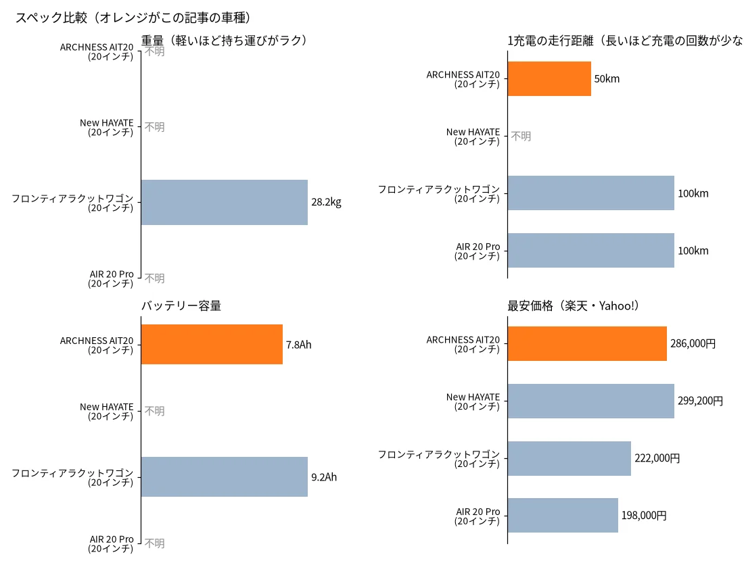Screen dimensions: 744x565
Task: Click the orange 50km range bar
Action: pos(549,78)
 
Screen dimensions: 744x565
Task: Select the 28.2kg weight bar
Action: pos(225,202)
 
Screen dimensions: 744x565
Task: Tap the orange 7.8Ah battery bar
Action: pos(212,344)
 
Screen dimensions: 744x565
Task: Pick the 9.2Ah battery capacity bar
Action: pos(225,477)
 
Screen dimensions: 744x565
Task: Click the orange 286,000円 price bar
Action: pos(587,343)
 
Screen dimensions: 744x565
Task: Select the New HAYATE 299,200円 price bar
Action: pos(590,401)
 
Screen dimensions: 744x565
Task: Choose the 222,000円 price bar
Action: pos(569,458)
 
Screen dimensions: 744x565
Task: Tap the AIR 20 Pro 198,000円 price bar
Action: pos(563,515)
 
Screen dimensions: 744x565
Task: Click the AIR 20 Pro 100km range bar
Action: pos(590,250)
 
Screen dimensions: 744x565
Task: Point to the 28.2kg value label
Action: pos(326,202)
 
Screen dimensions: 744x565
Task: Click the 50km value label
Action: pos(607,78)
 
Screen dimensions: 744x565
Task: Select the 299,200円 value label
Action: pos(700,401)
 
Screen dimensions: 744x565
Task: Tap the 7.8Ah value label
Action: pos(298,345)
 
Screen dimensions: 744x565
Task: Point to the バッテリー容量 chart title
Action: pos(181,305)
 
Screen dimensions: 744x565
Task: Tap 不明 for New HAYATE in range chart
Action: pos(521,137)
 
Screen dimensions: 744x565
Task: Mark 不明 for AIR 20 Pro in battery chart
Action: pos(155,543)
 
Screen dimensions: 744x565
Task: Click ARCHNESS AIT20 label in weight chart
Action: pos(97,51)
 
